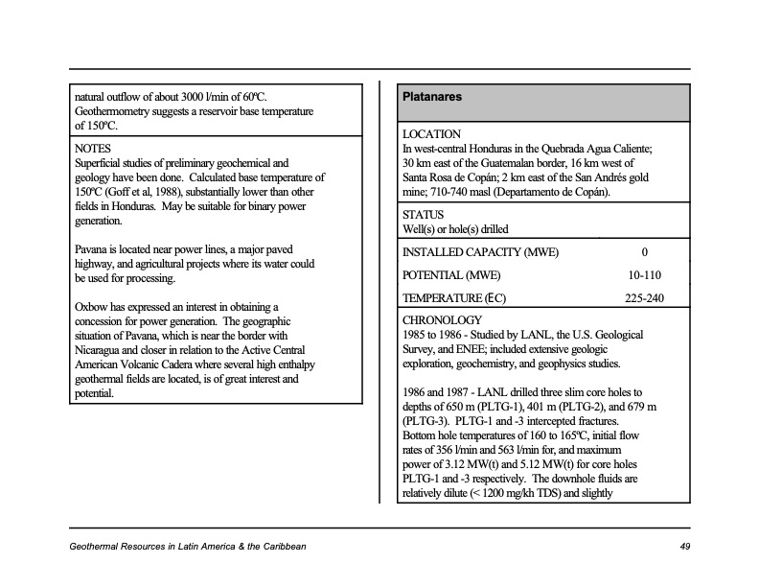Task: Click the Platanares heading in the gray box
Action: pos(433,97)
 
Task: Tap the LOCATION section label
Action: pos(431,134)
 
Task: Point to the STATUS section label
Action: pos(424,215)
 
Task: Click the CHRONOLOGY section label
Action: pos(443,320)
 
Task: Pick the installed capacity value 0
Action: pos(644,253)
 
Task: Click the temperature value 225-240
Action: pos(643,298)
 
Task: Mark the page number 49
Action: pos(684,547)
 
